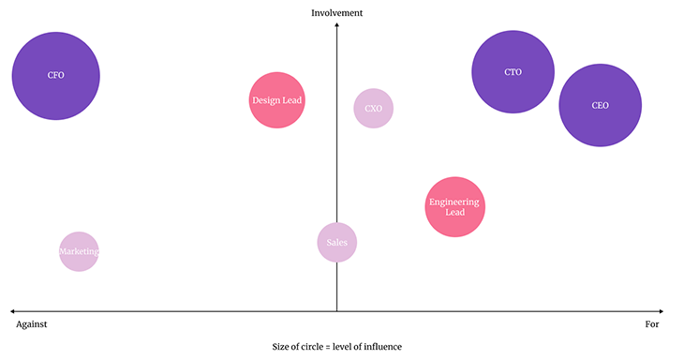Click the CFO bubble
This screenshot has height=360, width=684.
pyautogui.click(x=55, y=76)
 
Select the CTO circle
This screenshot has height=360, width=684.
pyautogui.click(x=513, y=72)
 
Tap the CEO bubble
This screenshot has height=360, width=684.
pyautogui.click(x=600, y=105)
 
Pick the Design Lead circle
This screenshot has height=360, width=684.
pyautogui.click(x=277, y=100)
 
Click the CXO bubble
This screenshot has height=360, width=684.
pyautogui.click(x=373, y=108)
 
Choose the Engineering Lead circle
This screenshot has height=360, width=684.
pyautogui.click(x=454, y=207)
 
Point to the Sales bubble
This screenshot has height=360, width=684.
pyautogui.click(x=336, y=243)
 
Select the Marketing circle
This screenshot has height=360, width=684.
pyautogui.click(x=79, y=251)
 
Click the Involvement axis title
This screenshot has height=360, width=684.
pyautogui.click(x=336, y=12)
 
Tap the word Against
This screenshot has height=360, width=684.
pyautogui.click(x=32, y=324)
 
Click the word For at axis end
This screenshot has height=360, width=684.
pyautogui.click(x=652, y=324)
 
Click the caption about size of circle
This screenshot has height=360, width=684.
pyautogui.click(x=336, y=347)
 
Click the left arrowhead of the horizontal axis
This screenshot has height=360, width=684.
pyautogui.click(x=12, y=310)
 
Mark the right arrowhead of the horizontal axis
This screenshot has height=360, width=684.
pyautogui.click(x=662, y=310)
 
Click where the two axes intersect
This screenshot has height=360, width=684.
pyautogui.click(x=336, y=310)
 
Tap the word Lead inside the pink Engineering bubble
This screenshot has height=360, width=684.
pyautogui.click(x=454, y=213)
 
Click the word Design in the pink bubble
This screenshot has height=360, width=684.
pyautogui.click(x=265, y=100)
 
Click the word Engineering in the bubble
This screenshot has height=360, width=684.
pyautogui.click(x=454, y=202)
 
